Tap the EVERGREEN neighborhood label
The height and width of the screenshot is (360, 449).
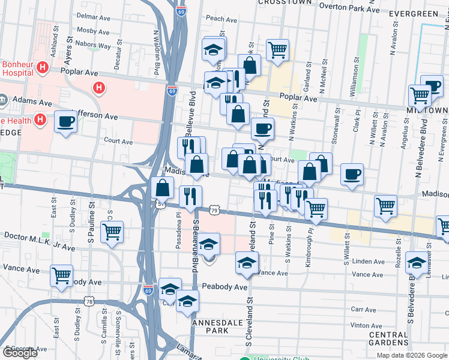tap(414, 13)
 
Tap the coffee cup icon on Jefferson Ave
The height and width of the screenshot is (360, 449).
tap(65, 122)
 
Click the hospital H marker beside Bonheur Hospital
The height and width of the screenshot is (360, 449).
tap(42, 67)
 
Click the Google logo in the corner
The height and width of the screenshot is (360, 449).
tap(20, 353)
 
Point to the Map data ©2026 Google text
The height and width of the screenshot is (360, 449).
tap(412, 355)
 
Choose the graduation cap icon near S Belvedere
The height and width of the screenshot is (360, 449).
tap(417, 261)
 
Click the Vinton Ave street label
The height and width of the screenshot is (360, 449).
tap(366, 325)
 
